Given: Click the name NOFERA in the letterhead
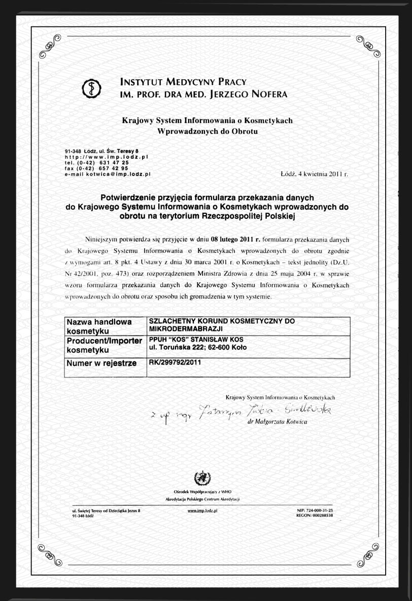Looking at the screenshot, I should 266,94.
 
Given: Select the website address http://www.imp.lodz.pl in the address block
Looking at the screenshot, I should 106,157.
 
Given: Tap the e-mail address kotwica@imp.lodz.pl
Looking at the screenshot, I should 119,174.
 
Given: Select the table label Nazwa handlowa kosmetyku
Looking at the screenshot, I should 99,326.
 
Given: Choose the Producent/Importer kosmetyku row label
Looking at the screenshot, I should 105,345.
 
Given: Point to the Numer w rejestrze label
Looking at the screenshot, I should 101,363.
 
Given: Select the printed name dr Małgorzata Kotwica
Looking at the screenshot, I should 281,422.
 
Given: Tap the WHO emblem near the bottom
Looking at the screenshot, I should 202,478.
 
